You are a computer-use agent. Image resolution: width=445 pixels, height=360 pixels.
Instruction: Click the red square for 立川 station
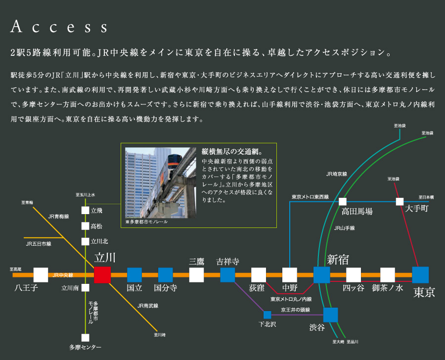[102, 274]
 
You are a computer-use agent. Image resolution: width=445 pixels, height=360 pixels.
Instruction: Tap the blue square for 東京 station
[420, 274]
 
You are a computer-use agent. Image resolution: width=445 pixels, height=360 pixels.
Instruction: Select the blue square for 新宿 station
[321, 274]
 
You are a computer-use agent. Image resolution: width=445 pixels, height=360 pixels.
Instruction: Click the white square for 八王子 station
[41, 274]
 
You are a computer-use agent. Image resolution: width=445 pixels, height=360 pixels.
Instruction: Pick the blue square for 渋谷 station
[330, 315]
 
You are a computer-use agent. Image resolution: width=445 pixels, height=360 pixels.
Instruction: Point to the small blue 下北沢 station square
[267, 315]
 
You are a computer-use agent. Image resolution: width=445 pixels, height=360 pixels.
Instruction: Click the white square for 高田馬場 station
[343, 201]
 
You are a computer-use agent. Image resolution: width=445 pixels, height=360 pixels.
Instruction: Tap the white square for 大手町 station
[400, 201]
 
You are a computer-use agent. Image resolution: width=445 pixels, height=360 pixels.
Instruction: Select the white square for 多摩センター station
[85, 337]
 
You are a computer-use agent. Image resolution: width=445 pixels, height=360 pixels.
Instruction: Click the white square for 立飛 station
[85, 210]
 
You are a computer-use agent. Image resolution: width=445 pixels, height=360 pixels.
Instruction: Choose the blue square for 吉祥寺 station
[227, 274]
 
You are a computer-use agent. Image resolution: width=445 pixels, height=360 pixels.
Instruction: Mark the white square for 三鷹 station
[196, 274]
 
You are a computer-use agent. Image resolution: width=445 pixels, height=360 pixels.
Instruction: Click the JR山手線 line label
[344, 228]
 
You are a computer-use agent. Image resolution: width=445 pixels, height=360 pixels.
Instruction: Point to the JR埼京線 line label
[337, 174]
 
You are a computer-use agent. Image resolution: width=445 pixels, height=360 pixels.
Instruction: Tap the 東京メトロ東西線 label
[310, 197]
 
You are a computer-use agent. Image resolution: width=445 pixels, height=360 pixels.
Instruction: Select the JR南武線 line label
[148, 306]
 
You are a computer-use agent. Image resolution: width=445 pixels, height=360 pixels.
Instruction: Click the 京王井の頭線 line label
[295, 310]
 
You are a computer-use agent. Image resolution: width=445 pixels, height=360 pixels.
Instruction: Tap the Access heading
[58, 27]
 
